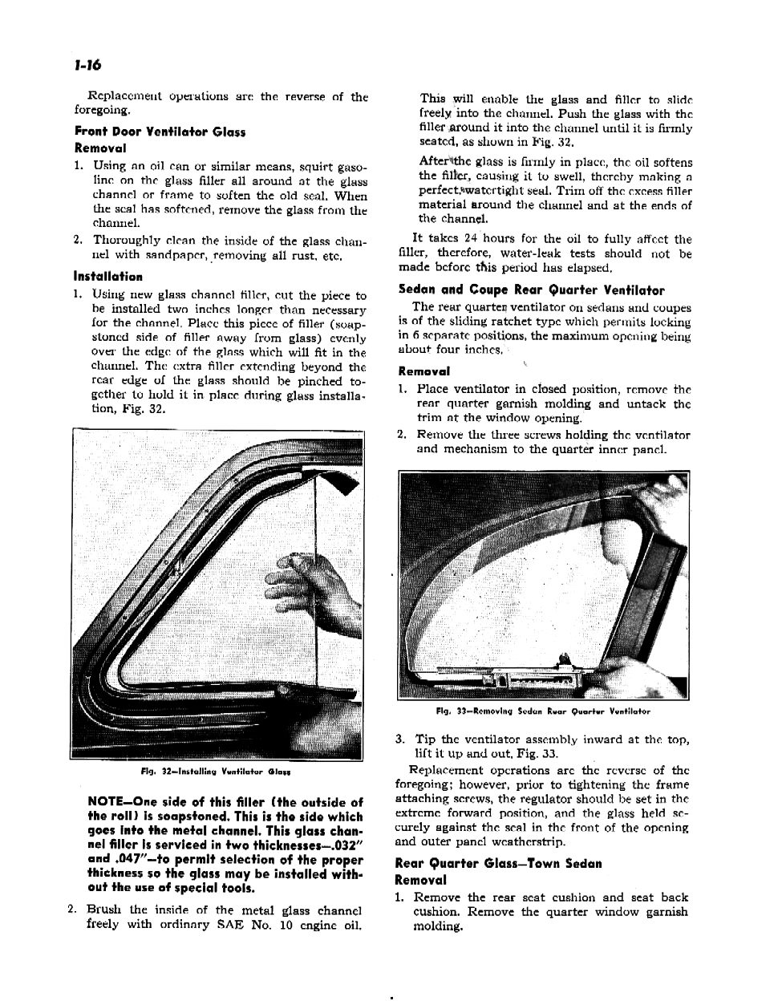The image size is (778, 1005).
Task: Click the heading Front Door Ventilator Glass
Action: pos(160,132)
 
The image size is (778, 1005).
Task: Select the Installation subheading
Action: pos(108,277)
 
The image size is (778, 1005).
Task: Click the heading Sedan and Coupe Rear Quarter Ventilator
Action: pos(532,290)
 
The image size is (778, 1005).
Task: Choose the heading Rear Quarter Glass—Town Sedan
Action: pos(498,864)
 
